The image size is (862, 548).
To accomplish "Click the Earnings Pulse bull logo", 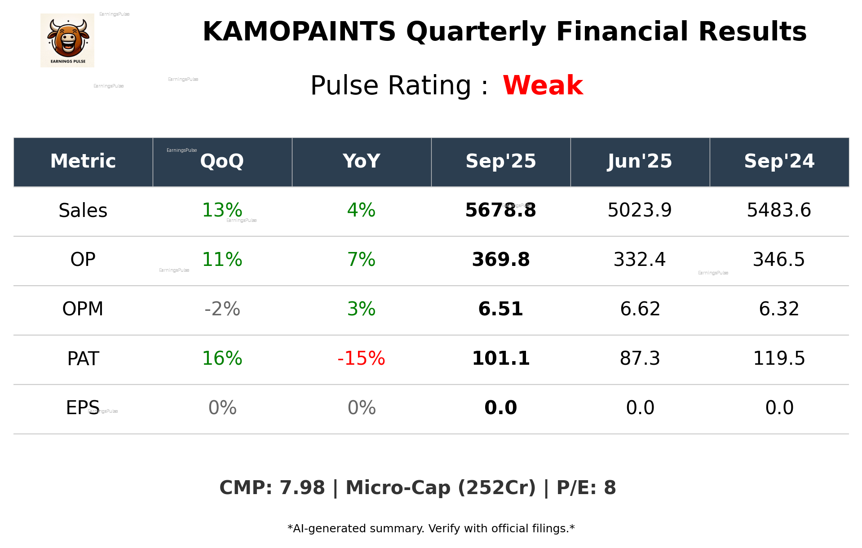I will click(x=67, y=40).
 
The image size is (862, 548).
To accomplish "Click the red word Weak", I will click(x=543, y=85).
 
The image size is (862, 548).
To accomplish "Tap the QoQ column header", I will click(x=222, y=161).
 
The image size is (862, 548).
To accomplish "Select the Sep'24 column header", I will click(x=779, y=161).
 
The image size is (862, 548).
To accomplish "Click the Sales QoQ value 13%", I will click(x=222, y=210).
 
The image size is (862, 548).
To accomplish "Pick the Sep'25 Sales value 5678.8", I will click(x=500, y=210).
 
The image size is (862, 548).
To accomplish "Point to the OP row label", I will click(x=83, y=260).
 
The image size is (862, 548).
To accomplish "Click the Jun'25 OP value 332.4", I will click(x=640, y=260).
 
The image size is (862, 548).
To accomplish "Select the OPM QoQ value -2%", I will click(x=222, y=309).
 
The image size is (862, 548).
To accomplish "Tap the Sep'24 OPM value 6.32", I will click(x=779, y=309).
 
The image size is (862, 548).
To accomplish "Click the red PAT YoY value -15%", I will click(x=361, y=358).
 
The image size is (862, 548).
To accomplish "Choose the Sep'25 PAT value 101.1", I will click(x=500, y=358).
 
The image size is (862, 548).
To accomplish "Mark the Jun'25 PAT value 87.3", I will click(x=640, y=358).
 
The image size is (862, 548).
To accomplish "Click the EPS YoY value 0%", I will click(x=361, y=408).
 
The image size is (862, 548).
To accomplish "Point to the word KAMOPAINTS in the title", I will click(x=299, y=32).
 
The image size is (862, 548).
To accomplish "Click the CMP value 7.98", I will click(x=302, y=488).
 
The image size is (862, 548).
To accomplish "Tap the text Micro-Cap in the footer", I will click(x=398, y=488).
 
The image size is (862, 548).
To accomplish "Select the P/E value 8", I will click(x=610, y=488).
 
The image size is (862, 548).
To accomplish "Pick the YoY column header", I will click(x=361, y=161).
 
